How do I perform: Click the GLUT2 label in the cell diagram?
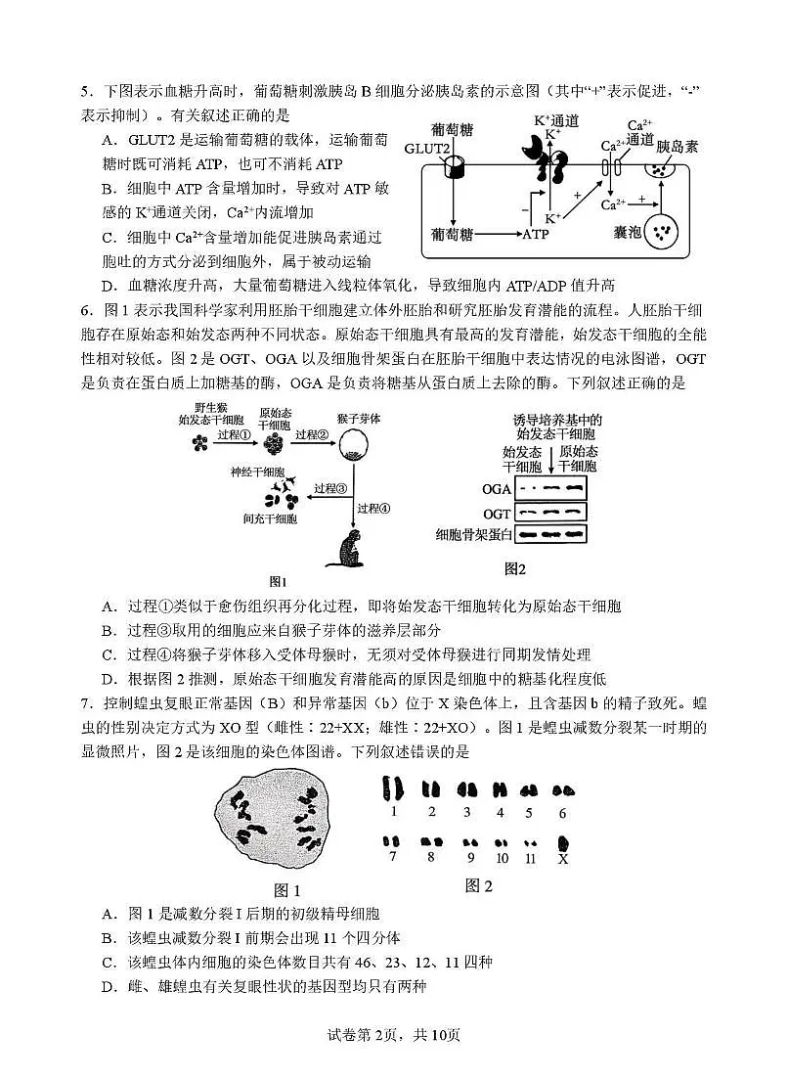427,149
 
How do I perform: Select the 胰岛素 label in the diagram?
677,146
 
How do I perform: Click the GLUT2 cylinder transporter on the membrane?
455,167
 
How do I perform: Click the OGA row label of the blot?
497,488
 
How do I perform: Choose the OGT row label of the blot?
497,513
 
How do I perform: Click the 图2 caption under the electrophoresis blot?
515,568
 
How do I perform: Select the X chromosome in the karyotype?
563,842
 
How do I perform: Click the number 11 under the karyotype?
531,859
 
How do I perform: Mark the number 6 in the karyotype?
561,812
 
